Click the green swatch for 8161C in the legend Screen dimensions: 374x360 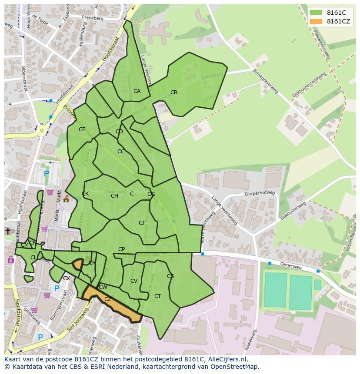(317, 13)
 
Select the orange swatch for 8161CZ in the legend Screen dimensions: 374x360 (317, 21)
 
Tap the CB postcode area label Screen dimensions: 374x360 (174, 93)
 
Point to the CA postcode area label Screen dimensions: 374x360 (137, 91)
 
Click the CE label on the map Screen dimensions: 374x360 (82, 129)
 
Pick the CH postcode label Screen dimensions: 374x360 (114, 196)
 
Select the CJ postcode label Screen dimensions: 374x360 (141, 223)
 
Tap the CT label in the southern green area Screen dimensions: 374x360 (157, 296)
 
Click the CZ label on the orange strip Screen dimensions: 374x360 (108, 299)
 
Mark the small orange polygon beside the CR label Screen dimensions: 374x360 (78, 264)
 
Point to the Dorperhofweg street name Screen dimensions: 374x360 (260, 193)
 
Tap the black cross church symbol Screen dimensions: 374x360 (7, 231)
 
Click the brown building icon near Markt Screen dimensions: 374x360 (66, 199)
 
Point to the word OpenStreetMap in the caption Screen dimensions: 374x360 (235, 367)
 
